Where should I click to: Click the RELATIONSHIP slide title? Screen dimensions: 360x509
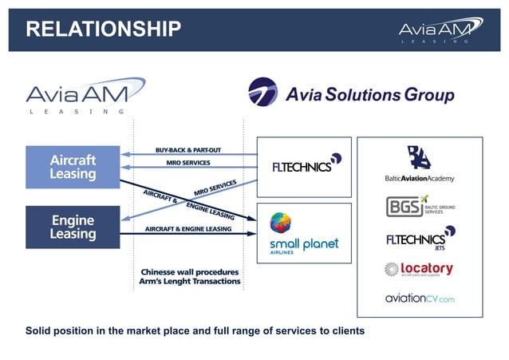(x=103, y=30)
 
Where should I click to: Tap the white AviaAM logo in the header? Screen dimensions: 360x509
(x=440, y=30)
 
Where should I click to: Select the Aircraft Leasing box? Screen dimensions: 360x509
(x=73, y=167)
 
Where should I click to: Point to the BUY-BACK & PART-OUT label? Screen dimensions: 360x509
(x=187, y=150)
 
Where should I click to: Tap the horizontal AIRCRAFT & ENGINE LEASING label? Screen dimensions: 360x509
(x=188, y=229)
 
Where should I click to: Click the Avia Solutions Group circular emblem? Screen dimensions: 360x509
(x=263, y=93)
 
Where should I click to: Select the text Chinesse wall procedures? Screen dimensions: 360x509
(x=189, y=270)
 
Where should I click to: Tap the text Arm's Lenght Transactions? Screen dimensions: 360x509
(x=189, y=281)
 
